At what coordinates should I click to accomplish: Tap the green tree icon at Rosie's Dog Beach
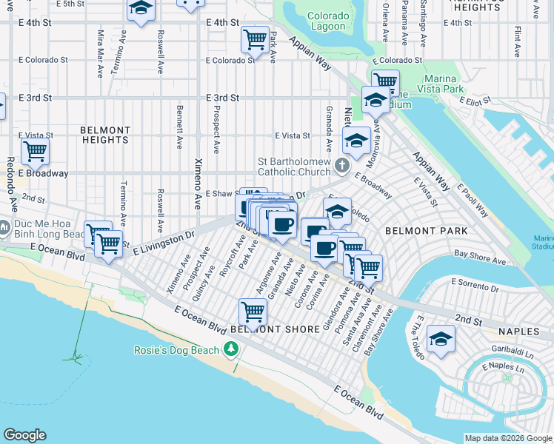pos(232,349)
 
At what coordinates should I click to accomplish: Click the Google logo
pos(24,435)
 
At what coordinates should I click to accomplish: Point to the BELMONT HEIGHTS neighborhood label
pos(105,135)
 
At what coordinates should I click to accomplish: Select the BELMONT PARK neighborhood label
pos(426,231)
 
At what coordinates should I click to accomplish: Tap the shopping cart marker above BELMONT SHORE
pos(253,312)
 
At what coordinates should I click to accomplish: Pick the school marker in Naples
pos(441,339)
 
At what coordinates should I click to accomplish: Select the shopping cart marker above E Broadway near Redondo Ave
pos(35,152)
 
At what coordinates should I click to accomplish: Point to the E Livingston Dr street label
pos(163,243)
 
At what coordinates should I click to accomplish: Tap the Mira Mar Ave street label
pos(100,53)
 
